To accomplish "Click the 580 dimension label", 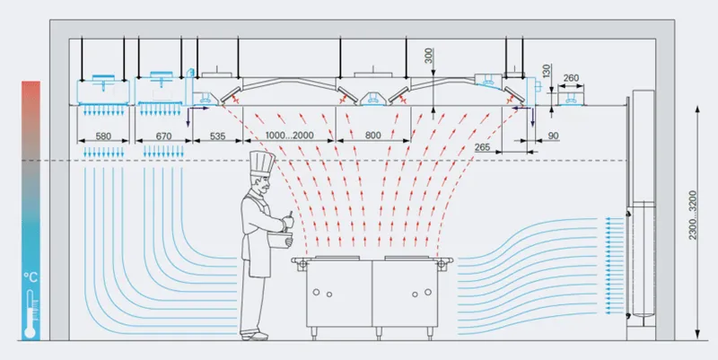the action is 103,136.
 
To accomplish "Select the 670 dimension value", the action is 163,136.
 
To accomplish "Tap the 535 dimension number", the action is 217,136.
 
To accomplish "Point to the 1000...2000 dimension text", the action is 289,136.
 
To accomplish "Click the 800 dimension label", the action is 373,136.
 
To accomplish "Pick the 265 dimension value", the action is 483,147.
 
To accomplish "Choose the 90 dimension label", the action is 553,136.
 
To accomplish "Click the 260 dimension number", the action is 571,78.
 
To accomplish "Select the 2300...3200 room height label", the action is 692,215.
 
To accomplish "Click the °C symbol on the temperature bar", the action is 31,277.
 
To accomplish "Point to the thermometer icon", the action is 31,314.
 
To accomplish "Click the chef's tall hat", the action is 262,162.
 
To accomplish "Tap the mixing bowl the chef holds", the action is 279,240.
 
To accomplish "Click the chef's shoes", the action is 254,336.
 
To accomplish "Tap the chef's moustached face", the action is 263,184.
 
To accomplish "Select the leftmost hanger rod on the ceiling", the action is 82,59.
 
